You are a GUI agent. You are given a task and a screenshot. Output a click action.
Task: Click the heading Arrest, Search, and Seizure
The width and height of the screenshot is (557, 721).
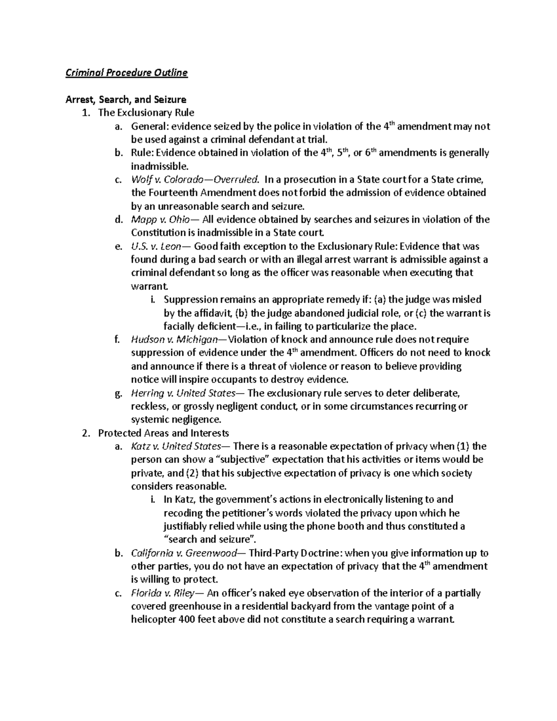pyautogui.click(x=126, y=99)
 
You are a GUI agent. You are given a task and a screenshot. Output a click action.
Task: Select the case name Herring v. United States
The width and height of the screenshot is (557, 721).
pyautogui.click(x=183, y=393)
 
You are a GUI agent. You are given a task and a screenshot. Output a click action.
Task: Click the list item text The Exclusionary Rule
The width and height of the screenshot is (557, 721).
pyautogui.click(x=146, y=113)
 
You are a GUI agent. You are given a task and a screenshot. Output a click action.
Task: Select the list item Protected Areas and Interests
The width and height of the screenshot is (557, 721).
pyautogui.click(x=163, y=433)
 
